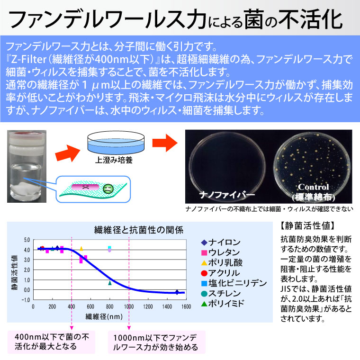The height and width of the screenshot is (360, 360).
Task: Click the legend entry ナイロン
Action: pos(221,242)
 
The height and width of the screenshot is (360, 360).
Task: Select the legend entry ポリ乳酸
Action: pos(222,262)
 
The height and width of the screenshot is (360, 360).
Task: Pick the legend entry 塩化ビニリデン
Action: pos(234,283)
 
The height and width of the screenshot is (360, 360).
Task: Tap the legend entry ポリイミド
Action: pos(222,304)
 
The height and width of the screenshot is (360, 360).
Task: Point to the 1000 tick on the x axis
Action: pos(129,306)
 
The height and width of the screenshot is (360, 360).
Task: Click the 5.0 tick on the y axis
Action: pos(27,240)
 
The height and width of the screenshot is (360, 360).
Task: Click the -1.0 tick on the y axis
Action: pos(26,300)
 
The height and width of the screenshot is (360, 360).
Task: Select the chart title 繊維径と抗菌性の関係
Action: pos(139,230)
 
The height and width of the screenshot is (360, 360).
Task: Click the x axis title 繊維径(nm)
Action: pos(104,316)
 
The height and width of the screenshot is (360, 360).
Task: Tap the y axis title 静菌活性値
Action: pos(15,272)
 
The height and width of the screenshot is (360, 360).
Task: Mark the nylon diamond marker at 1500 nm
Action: pos(177,292)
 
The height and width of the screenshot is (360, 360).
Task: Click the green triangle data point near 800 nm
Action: pos(110,283)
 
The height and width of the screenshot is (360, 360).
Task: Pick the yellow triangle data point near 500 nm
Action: pos(81,248)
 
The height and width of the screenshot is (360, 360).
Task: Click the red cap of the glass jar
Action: pos(27,134)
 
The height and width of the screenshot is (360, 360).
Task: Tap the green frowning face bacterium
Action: pos(108,189)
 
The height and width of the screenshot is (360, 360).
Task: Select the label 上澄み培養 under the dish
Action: pos(114,160)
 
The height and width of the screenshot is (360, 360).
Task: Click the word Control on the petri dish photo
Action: pos(314,187)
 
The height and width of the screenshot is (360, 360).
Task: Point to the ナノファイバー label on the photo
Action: pos(227,195)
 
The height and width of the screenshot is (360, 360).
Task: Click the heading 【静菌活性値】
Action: pos(307,226)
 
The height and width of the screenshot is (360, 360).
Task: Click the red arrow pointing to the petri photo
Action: pos(165,143)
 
